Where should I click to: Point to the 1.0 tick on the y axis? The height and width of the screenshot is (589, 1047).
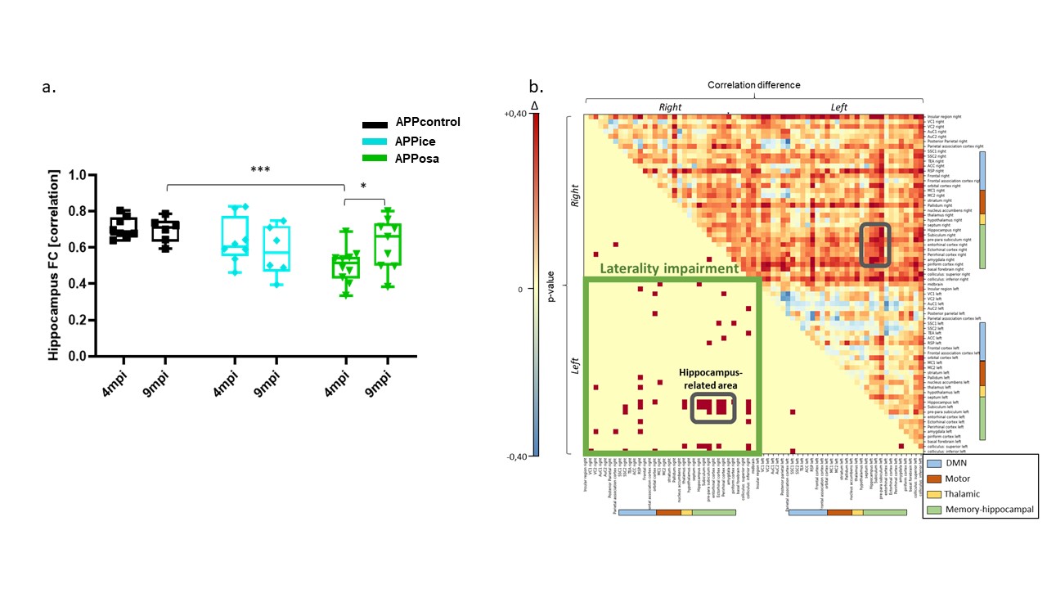[79, 175]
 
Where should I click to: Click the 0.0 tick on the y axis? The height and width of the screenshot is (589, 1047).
[79, 357]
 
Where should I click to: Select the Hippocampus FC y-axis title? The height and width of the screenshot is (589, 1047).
[54, 266]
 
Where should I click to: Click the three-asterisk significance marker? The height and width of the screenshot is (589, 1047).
[261, 169]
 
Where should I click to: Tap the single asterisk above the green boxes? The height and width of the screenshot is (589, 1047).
[364, 187]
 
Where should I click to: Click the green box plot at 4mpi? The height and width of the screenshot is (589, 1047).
[345, 267]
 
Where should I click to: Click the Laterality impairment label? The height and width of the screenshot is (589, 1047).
[669, 268]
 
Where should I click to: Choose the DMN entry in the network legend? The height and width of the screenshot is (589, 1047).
[961, 464]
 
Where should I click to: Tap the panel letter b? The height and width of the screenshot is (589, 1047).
[536, 86]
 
